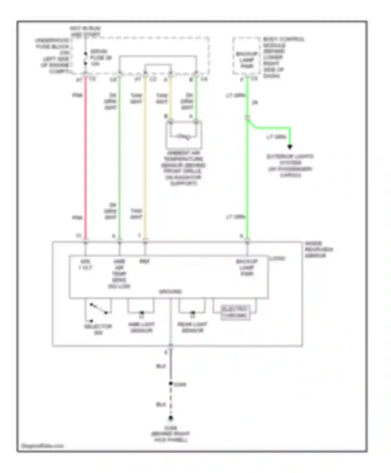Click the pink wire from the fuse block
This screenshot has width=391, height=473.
(x=85, y=156)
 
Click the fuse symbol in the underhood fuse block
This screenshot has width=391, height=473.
(x=85, y=58)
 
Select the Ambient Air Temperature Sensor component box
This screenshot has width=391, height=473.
(x=184, y=135)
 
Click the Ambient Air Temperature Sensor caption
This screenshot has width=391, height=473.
(x=184, y=168)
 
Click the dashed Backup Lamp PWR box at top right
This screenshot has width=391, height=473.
(x=246, y=56)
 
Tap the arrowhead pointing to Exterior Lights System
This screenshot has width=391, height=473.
(x=290, y=147)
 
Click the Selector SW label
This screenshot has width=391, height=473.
(x=98, y=329)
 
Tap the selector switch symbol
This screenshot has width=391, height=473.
(x=98, y=309)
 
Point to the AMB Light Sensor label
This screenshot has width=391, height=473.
(x=141, y=328)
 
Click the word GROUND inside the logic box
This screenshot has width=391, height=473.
(x=170, y=292)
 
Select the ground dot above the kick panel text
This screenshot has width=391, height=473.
(x=170, y=418)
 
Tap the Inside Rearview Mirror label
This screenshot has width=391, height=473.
(x=319, y=250)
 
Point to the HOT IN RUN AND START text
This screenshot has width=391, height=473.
(x=85, y=31)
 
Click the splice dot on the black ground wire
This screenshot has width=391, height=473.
(x=170, y=383)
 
